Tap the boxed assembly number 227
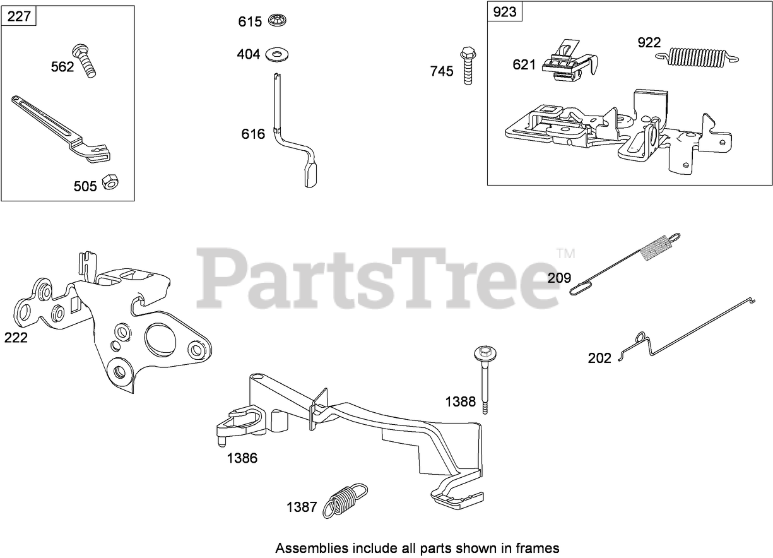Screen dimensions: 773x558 point(19,16)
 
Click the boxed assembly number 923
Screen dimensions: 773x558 point(505,12)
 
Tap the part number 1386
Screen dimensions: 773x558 point(242,458)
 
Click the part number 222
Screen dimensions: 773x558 point(16,338)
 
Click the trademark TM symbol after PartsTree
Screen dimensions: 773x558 point(566,254)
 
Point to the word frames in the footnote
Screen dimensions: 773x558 point(542,548)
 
